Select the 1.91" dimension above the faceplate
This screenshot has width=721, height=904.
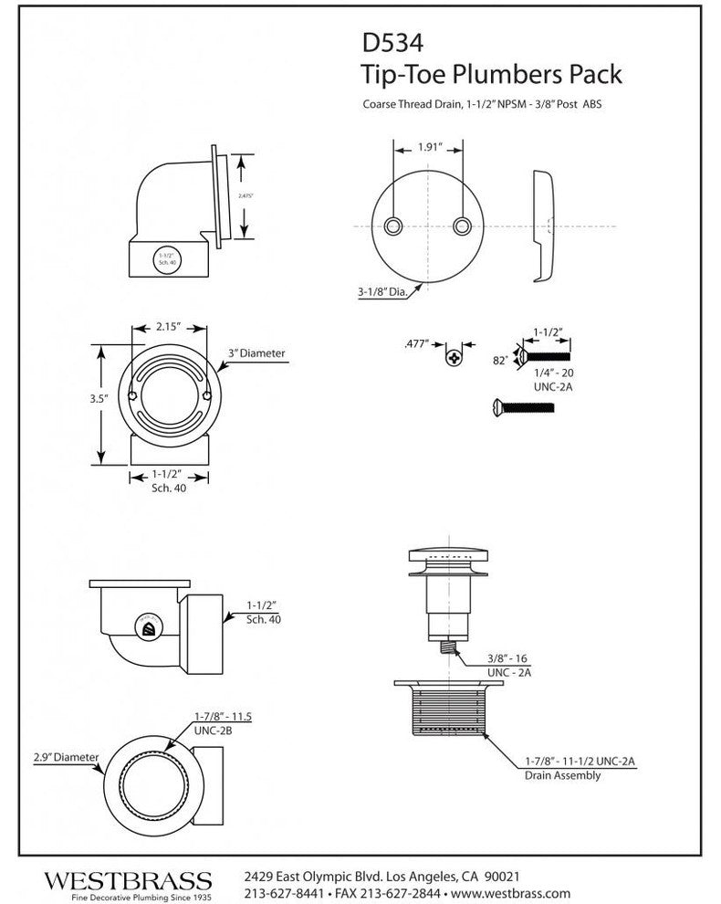pos(430,145)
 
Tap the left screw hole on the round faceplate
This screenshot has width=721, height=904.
pos(393,225)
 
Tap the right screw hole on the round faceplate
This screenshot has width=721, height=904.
pos(465,225)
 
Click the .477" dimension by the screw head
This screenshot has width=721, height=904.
pos(417,344)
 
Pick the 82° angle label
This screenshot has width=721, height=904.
pos(498,362)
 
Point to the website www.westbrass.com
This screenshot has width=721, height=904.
pos(510,893)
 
